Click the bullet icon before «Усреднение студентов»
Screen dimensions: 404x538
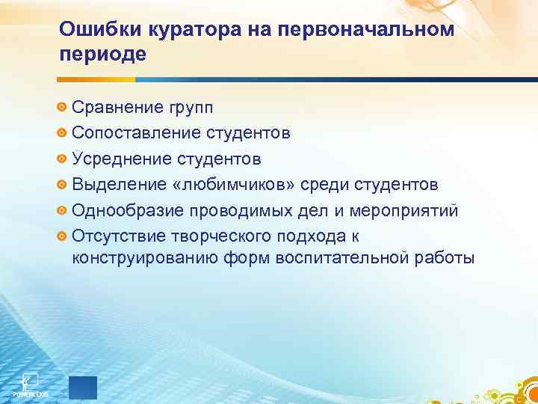pos(63,159)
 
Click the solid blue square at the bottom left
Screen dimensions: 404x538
pos(83,387)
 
